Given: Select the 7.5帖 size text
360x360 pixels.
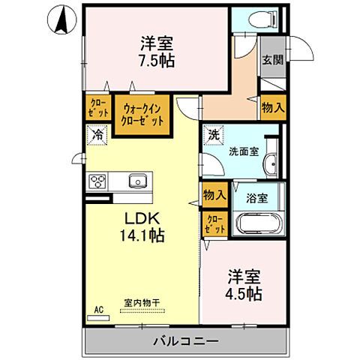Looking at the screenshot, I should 156,60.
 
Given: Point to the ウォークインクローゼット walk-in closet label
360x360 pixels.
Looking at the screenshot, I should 140,114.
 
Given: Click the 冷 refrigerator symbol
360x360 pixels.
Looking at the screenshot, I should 97,135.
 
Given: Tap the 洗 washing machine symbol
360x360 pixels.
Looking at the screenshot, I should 213,136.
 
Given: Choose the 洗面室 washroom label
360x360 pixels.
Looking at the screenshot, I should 244,151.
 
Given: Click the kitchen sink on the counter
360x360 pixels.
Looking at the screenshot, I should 136,181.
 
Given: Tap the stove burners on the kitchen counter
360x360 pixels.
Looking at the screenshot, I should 99,181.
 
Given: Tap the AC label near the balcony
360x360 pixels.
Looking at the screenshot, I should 97,308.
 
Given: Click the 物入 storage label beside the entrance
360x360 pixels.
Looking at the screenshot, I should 272,107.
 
